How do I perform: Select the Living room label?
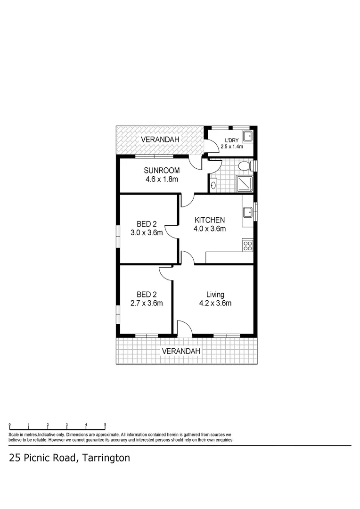(215, 295)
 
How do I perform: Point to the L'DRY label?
(231, 140)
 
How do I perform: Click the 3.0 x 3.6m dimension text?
(147, 232)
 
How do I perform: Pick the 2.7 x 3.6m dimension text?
(147, 303)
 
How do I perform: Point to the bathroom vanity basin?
(213, 185)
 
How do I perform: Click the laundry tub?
(247, 137)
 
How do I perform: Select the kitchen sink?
(247, 212)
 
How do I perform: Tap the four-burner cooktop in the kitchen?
(247, 245)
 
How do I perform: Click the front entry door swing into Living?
(184, 328)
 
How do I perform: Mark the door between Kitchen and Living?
(187, 258)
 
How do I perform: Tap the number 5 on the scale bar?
(105, 424)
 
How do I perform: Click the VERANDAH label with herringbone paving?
(160, 140)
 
